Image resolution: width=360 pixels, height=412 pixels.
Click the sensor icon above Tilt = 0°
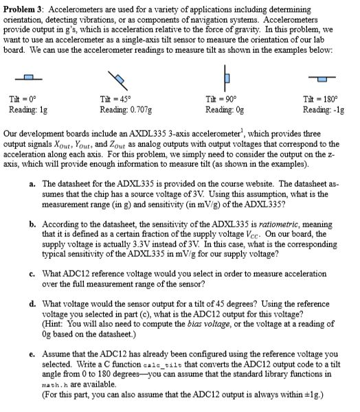pyautogui.click(x=27, y=76)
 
